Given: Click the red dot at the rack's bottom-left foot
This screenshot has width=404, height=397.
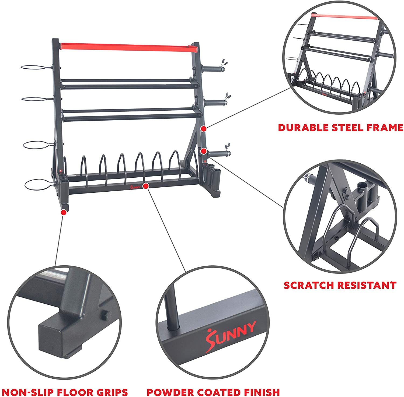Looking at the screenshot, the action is coord(64,212).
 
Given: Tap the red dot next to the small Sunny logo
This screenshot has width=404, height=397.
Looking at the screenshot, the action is coord(146,186).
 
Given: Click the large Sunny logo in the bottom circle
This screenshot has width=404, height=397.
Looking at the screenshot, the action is coord(231,336).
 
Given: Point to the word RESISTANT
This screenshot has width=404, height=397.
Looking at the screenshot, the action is coord(367,285).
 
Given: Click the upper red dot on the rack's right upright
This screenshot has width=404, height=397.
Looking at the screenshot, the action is coord(204,129).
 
